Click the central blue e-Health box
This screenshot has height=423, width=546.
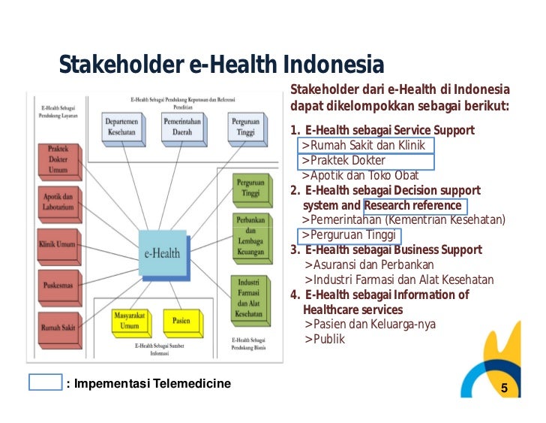pyautogui.click(x=161, y=252)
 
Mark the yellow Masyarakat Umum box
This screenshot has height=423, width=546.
pyautogui.click(x=130, y=321)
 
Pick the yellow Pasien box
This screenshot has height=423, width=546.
pyautogui.click(x=181, y=321)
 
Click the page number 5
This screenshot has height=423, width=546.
pyautogui.click(x=504, y=388)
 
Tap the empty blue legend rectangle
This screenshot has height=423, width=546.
pyautogui.click(x=44, y=382)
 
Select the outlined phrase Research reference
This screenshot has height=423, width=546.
pyautogui.click(x=412, y=206)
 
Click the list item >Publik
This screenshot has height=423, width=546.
pyautogui.click(x=325, y=339)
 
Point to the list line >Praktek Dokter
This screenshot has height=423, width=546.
pyautogui.click(x=343, y=161)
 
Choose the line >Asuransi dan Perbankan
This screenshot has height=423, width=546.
pyautogui.click(x=379, y=264)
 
